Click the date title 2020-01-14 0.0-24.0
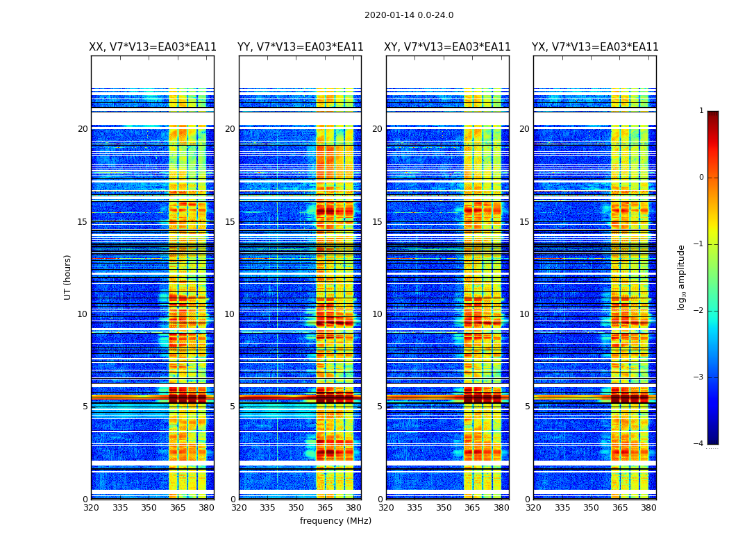click(x=409, y=15)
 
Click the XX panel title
click(x=153, y=47)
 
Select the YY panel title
click(x=300, y=47)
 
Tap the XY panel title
click(x=447, y=47)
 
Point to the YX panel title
click(x=595, y=47)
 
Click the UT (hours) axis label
click(x=67, y=277)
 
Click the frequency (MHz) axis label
click(x=335, y=521)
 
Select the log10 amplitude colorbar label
click(x=681, y=277)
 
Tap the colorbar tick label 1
click(x=701, y=111)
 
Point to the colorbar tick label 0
click(x=701, y=178)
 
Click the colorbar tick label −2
click(x=700, y=311)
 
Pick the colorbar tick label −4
click(x=700, y=444)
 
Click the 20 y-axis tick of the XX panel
click(x=83, y=129)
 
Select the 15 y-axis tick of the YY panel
click(x=230, y=222)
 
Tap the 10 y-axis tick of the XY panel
click(x=377, y=314)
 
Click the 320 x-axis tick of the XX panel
click(x=91, y=507)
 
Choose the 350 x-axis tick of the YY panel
click(x=296, y=507)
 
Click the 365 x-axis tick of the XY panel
click(x=473, y=507)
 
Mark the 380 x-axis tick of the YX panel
click(x=648, y=507)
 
